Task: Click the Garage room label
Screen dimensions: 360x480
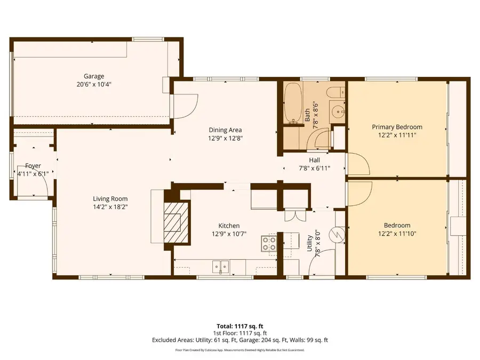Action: tap(93, 76)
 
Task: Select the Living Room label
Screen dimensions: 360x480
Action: tap(110, 199)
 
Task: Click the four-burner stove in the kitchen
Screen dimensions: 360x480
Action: tap(268, 244)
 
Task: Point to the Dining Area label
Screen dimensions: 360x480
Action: tap(225, 130)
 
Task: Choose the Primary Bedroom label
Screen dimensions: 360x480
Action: tap(397, 127)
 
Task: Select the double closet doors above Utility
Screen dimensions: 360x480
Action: tap(292, 214)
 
